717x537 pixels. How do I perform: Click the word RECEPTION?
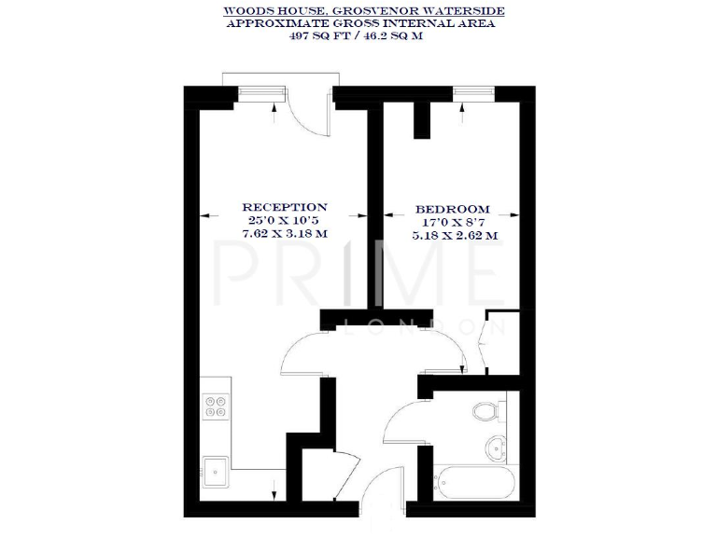pyautogui.click(x=285, y=207)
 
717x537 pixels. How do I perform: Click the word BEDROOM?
pyautogui.click(x=453, y=209)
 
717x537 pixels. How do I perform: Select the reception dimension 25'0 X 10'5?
pyautogui.click(x=285, y=220)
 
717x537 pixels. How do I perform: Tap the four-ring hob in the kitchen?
pyautogui.click(x=216, y=406)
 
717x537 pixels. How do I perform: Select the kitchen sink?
pyautogui.click(x=217, y=470)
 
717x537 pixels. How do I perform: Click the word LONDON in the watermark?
pyautogui.click(x=426, y=327)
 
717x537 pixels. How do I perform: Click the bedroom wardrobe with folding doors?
pyautogui.click(x=497, y=342)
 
